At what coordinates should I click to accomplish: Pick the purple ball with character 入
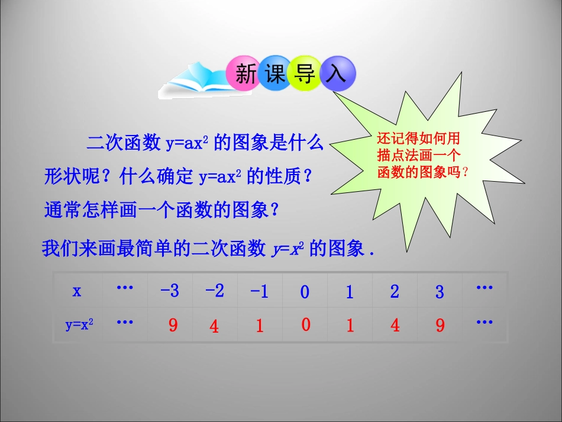pyautogui.click(x=337, y=75)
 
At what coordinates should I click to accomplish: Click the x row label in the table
pyautogui.click(x=77, y=291)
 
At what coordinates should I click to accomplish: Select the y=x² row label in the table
pyautogui.click(x=79, y=324)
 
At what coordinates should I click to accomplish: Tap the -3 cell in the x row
pyautogui.click(x=170, y=291)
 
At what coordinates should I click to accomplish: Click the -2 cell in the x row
pyautogui.click(x=215, y=291)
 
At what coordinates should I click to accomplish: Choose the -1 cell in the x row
pyautogui.click(x=260, y=291)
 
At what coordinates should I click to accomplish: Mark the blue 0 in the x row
pyautogui.click(x=305, y=292)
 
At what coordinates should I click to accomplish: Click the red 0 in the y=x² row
pyautogui.click(x=305, y=325)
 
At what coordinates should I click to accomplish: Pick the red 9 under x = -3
pyautogui.click(x=173, y=326)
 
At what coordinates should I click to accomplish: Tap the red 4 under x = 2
pyautogui.click(x=395, y=326)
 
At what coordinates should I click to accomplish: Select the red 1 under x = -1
pyautogui.click(x=260, y=326)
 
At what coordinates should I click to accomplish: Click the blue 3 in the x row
pyautogui.click(x=440, y=292)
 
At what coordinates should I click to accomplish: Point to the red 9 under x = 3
pyautogui.click(x=440, y=326)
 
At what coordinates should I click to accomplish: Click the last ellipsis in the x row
pyautogui.click(x=485, y=288)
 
